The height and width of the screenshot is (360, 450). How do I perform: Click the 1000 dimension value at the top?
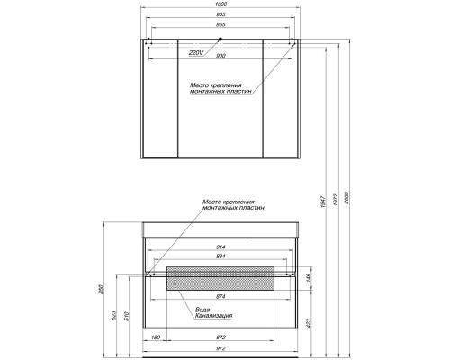click(220, 4)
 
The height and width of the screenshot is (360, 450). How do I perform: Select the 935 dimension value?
click(220, 14)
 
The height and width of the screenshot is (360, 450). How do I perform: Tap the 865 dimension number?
click(220, 24)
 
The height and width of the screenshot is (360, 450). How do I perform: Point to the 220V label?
click(196, 53)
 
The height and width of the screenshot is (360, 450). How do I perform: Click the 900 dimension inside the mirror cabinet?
click(220, 56)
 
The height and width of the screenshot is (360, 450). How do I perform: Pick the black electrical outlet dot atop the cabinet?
click(220, 39)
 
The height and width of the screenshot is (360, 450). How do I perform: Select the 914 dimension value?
click(220, 247)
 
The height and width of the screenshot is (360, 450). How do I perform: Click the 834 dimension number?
click(220, 256)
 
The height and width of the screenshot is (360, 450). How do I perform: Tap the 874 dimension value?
click(220, 297)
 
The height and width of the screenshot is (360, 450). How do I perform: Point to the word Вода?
click(202, 310)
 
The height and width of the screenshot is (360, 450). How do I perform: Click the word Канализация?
click(214, 316)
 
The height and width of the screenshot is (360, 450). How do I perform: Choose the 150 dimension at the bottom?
click(156, 337)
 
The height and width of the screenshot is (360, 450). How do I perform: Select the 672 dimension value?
click(220, 337)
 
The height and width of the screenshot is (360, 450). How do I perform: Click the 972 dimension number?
click(220, 348)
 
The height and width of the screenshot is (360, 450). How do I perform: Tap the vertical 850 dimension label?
click(101, 289)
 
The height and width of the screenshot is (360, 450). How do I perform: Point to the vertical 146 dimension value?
click(310, 278)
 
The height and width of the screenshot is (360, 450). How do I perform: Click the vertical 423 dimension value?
click(310, 323)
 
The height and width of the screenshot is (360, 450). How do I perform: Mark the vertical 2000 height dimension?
click(346, 198)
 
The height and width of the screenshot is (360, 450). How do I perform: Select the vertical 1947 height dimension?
click(323, 202)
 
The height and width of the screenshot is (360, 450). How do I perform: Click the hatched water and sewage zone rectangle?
click(220, 278)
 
